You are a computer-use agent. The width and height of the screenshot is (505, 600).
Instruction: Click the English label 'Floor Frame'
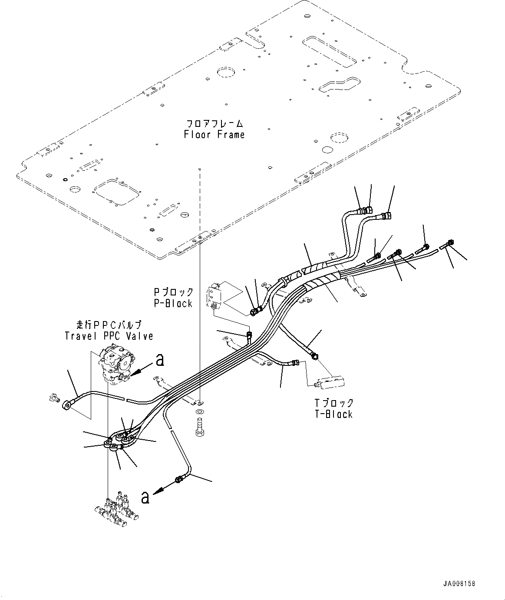(x=214, y=135)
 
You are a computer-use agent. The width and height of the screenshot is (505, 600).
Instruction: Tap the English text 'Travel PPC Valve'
(x=109, y=336)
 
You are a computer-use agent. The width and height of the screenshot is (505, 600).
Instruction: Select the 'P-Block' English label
(x=173, y=303)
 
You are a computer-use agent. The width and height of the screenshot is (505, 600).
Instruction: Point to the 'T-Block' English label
(x=334, y=414)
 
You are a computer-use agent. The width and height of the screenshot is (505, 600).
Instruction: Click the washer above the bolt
(x=200, y=411)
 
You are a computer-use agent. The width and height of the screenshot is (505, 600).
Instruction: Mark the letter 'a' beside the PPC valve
(x=160, y=359)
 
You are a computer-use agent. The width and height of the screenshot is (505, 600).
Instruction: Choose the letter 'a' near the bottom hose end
(x=145, y=497)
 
